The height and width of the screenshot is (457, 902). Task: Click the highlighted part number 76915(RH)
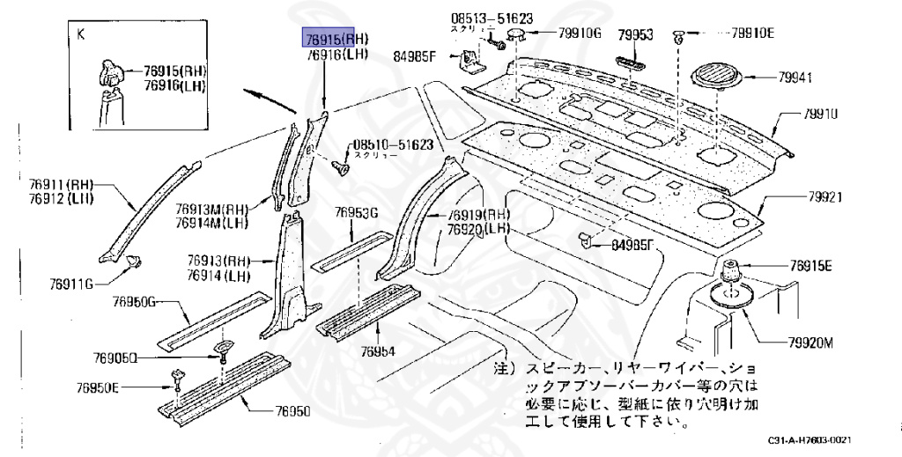[336, 39]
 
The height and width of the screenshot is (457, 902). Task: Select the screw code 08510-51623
[394, 144]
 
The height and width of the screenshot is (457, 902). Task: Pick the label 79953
[634, 36]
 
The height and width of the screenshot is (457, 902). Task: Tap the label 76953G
[356, 213]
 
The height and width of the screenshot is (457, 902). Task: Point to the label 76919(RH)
[478, 215]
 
